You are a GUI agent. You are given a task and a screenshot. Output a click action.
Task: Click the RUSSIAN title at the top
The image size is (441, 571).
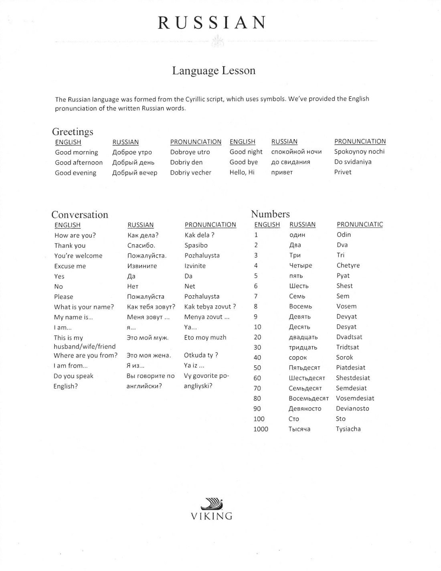click(212, 23)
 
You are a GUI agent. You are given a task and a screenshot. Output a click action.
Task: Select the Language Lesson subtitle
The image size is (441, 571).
click(214, 71)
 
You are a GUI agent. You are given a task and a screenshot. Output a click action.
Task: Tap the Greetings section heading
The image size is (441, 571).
click(73, 132)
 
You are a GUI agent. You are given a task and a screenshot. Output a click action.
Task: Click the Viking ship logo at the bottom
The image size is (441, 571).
click(212, 504)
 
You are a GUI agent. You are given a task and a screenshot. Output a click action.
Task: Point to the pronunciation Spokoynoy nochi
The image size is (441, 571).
click(359, 152)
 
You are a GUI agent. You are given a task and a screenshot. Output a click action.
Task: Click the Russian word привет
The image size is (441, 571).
click(282, 172)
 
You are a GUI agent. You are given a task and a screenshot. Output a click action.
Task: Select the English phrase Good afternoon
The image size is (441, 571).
click(79, 162)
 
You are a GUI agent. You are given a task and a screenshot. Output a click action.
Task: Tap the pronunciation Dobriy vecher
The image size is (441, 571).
click(190, 172)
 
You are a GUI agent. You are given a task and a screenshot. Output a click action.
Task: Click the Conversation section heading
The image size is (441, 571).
click(80, 215)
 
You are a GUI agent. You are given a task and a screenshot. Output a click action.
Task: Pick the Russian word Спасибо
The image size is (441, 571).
click(141, 245)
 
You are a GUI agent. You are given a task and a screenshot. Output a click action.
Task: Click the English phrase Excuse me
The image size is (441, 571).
click(70, 266)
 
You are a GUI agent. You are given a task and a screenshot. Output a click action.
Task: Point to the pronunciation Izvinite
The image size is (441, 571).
click(195, 266)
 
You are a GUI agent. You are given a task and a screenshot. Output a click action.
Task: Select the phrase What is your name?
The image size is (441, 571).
click(84, 307)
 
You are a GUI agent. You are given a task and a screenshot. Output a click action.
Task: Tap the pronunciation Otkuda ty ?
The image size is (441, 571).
click(201, 355)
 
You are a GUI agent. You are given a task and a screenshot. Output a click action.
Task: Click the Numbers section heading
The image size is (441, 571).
click(270, 214)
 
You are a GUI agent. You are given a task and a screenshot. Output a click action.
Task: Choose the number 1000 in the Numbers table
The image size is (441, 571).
click(261, 429)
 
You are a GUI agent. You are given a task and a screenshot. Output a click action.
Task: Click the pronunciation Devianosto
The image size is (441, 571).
click(352, 409)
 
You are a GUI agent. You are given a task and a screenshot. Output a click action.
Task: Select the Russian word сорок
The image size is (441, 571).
click(297, 358)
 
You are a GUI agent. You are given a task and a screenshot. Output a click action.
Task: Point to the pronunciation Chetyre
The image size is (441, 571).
click(348, 265)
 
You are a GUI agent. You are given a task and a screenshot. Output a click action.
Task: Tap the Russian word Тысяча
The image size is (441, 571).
click(299, 429)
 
